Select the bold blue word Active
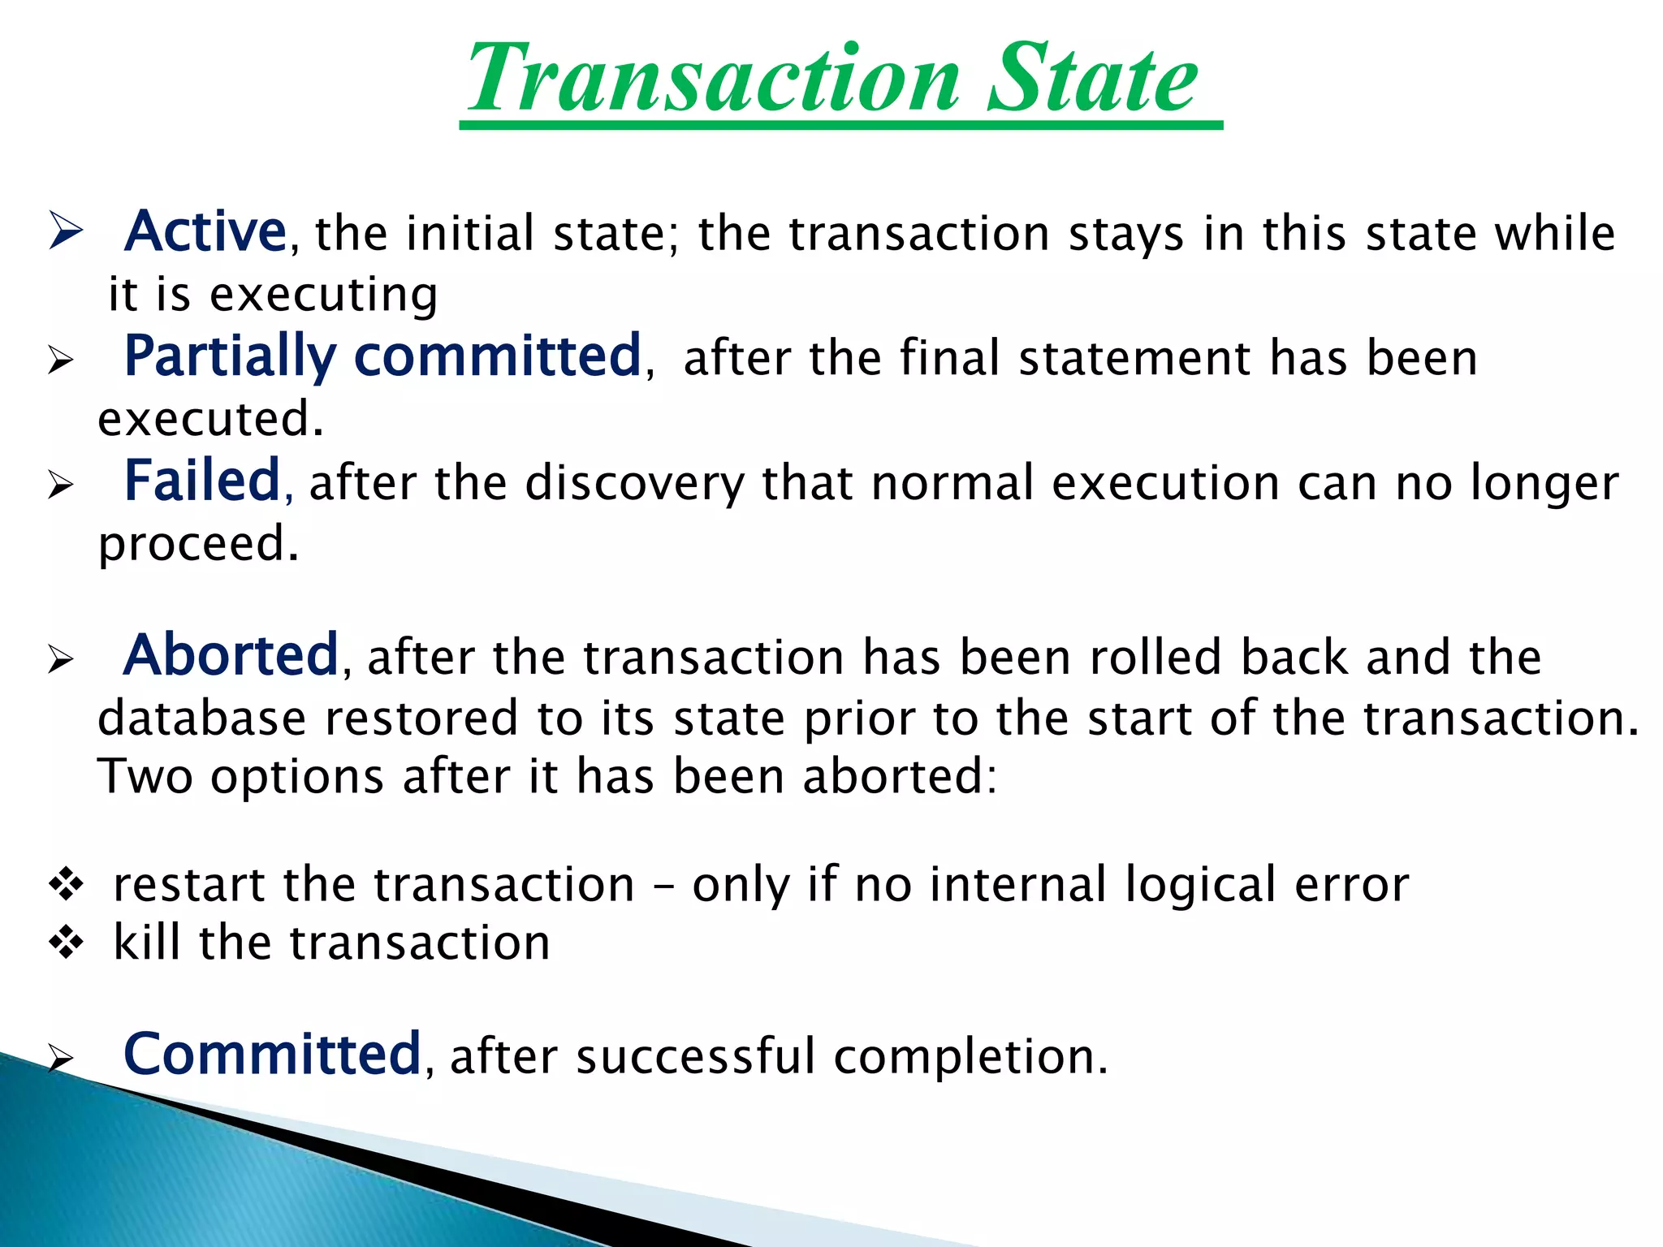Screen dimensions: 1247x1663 click(x=205, y=232)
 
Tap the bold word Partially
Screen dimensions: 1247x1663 click(x=230, y=357)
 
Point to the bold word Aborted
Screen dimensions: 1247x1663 click(x=231, y=655)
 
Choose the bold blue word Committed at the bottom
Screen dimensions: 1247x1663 click(x=272, y=1055)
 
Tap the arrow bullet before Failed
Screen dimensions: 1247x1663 click(x=60, y=485)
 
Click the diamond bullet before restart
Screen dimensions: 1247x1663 click(x=66, y=883)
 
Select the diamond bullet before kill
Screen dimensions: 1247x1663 click(x=66, y=943)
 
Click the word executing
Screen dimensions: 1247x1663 click(x=324, y=295)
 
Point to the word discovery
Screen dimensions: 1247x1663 click(x=634, y=484)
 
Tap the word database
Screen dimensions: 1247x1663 click(x=201, y=718)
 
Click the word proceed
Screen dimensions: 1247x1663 click(x=198, y=545)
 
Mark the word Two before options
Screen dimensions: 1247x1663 click(x=145, y=776)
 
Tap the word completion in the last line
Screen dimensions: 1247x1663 click(x=970, y=1057)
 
